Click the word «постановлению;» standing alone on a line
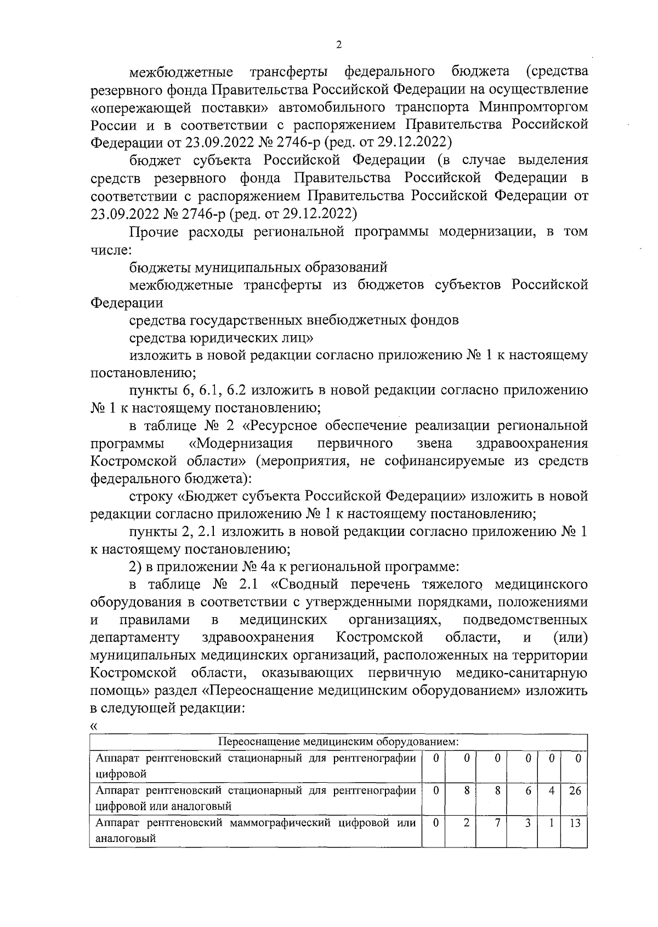(x=143, y=373)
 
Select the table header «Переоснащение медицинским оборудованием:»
(x=338, y=742)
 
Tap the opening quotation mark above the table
(x=94, y=726)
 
